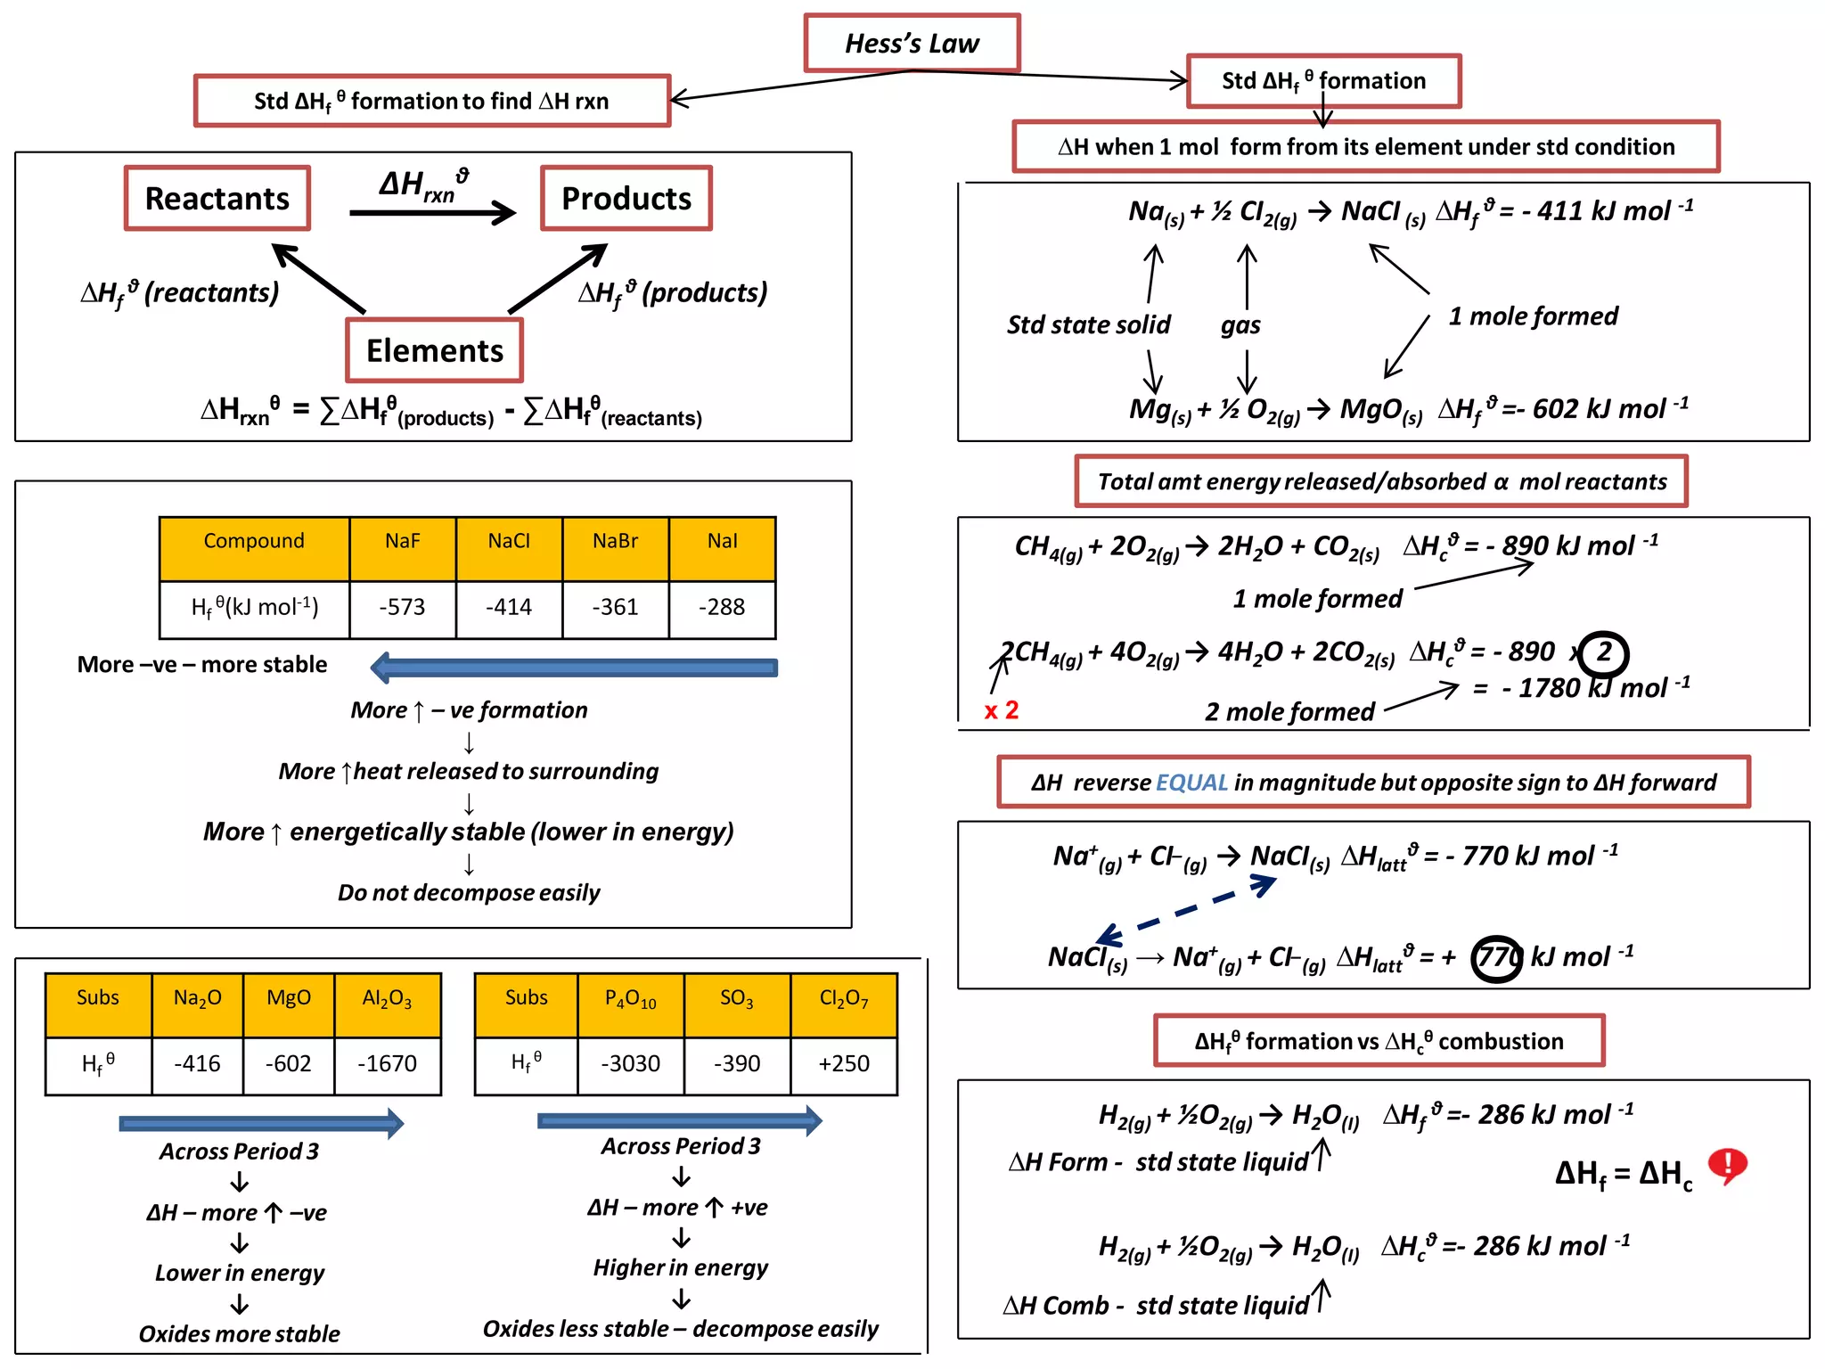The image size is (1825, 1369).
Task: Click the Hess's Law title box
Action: pos(911,43)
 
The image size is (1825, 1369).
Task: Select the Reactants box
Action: pos(217,198)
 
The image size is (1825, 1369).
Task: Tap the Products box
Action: pos(626,198)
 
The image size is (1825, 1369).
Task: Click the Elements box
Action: pos(434,350)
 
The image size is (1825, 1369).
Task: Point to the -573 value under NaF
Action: pos(402,607)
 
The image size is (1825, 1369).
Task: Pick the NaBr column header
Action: pos(615,541)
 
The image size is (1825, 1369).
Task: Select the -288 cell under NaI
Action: pos(721,607)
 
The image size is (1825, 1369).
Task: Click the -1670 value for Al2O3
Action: pos(387,1063)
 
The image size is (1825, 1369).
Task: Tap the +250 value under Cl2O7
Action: pos(843,1063)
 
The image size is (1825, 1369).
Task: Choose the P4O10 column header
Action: pos(630,999)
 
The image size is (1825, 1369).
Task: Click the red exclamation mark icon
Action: pos(1727,1165)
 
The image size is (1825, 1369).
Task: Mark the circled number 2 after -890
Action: pos(1604,652)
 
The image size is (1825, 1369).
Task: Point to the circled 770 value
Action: pos(1496,958)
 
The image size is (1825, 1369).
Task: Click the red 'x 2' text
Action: pos(1001,710)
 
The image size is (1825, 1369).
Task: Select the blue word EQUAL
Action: pos(1191,783)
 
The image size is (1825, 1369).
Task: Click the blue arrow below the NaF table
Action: pos(575,668)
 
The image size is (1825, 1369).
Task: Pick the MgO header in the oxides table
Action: pos(288,998)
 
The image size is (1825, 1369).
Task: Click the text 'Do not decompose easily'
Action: pos(469,892)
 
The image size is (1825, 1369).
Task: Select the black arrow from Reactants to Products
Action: pos(432,212)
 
